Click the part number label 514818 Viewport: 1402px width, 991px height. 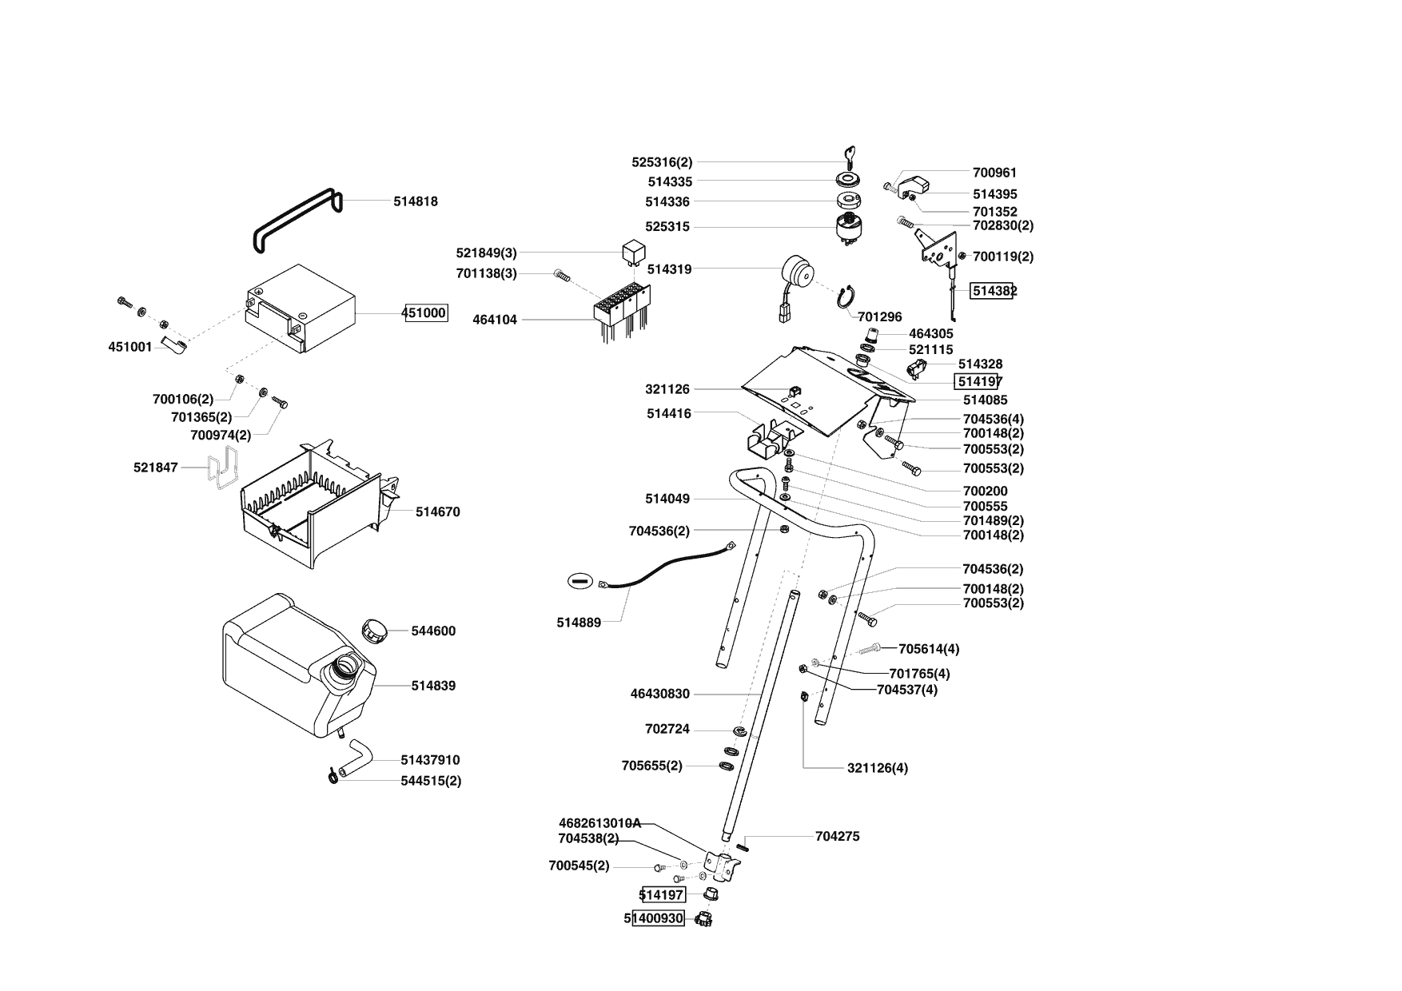point(415,202)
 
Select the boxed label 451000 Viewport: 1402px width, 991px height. point(424,312)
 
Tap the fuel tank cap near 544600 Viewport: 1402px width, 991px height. point(373,629)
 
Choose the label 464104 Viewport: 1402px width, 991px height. point(495,320)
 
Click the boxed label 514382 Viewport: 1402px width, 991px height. point(992,291)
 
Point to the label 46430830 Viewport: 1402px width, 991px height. point(659,694)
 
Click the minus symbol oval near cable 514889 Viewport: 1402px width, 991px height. point(581,580)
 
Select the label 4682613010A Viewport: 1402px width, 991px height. point(599,822)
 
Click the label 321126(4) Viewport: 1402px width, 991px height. point(877,768)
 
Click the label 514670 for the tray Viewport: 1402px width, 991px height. point(437,511)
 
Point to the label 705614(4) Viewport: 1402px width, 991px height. point(929,648)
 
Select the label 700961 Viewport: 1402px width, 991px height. point(994,172)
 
